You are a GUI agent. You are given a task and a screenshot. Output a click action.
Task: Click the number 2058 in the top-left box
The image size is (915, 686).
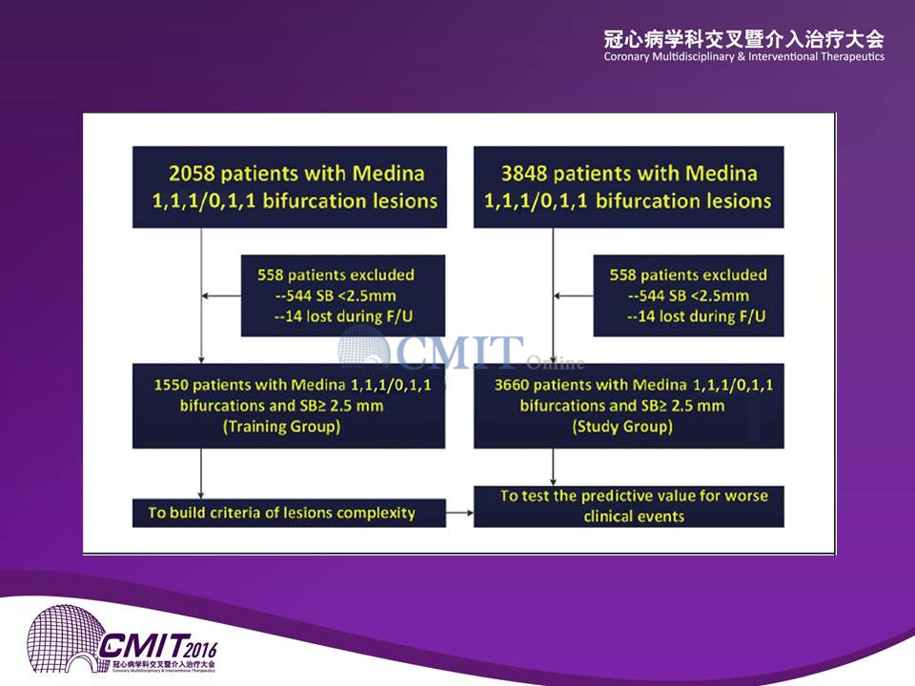point(192,173)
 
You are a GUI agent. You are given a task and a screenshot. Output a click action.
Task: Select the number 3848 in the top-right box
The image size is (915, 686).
point(524,173)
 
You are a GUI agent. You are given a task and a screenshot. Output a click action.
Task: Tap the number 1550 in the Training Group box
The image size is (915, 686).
point(171,385)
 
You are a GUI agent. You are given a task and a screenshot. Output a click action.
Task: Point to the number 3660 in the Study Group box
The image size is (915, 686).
point(511,385)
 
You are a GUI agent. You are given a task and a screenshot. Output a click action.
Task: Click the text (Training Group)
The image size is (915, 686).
point(282,427)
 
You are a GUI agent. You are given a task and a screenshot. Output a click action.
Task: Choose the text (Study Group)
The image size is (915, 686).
point(622,427)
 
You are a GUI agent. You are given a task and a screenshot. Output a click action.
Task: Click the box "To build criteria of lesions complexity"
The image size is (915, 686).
point(289,513)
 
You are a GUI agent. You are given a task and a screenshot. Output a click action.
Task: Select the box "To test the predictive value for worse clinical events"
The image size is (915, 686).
point(628,506)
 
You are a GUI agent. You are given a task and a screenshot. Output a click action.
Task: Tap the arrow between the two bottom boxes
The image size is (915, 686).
point(459,513)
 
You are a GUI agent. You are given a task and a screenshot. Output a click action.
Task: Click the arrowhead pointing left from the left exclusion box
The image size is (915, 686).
point(205,295)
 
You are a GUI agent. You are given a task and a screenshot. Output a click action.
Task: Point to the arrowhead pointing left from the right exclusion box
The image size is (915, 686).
point(557,295)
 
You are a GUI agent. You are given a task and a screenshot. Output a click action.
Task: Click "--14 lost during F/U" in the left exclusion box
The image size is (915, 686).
point(343,316)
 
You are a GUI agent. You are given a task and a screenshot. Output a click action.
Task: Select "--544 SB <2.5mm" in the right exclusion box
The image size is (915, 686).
point(688,295)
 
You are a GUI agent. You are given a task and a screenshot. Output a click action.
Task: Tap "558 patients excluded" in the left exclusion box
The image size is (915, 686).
point(336,274)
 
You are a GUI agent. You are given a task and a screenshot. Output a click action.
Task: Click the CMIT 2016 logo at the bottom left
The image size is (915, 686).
point(122,638)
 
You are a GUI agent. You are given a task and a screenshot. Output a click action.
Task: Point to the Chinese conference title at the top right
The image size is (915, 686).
point(744,40)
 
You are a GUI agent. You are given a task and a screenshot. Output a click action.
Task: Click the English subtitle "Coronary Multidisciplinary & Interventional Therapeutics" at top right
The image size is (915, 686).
point(744,56)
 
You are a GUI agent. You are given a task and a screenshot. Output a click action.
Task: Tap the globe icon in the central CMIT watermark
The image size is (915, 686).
point(363,349)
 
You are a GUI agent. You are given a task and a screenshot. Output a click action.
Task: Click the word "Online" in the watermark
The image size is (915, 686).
point(555,363)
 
